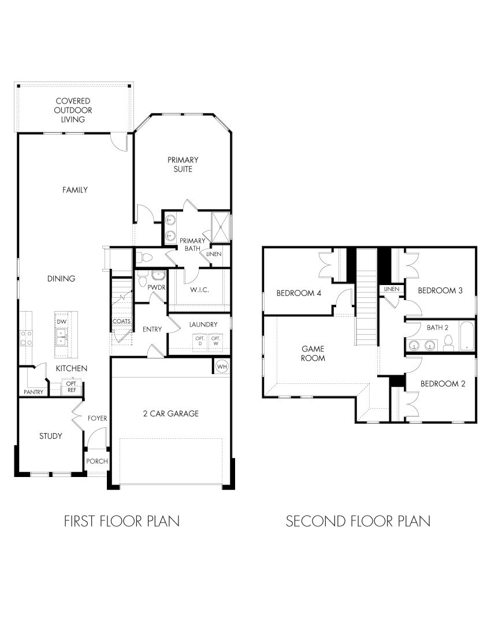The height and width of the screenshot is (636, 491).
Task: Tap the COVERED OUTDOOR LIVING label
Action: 73,110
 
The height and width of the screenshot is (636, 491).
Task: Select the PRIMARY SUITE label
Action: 183,164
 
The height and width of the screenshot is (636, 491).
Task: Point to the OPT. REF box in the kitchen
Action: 72,387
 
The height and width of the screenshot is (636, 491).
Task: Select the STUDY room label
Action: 51,436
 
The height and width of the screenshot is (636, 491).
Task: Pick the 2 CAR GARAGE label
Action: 171,413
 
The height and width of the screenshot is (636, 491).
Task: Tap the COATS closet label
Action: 121,321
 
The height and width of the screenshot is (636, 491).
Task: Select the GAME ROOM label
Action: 313,353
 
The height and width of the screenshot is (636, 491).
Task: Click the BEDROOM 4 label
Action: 299,293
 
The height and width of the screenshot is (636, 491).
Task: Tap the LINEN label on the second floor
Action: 391,289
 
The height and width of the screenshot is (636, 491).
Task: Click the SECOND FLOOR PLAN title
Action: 358,521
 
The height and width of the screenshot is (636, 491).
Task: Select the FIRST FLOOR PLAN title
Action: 121,521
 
